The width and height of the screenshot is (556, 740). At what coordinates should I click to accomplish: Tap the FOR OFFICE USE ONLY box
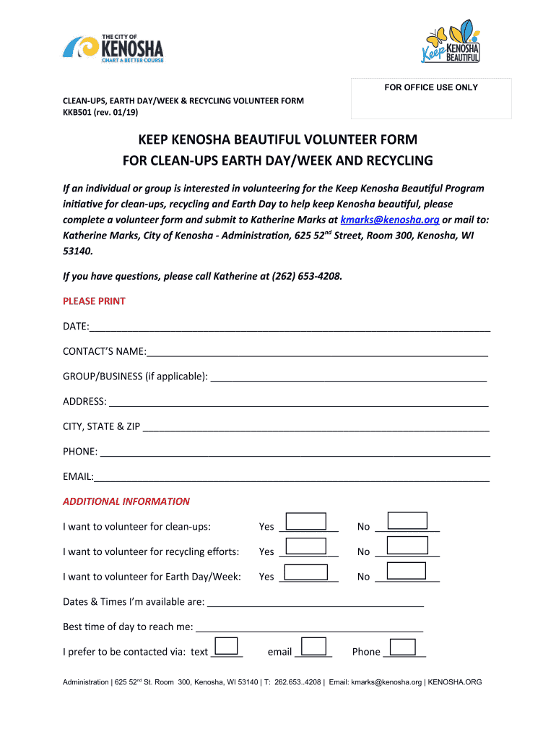(430, 98)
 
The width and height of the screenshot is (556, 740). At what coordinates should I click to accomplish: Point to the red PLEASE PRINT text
(94, 301)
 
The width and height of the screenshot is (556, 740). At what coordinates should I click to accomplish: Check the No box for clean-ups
(407, 521)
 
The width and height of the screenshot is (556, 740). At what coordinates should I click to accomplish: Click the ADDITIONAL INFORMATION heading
(126, 501)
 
